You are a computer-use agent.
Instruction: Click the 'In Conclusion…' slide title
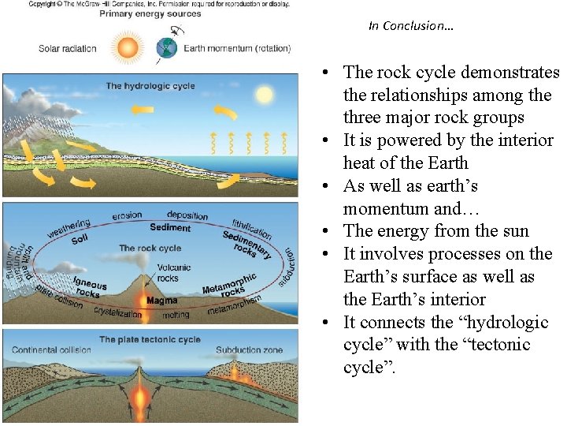(x=410, y=26)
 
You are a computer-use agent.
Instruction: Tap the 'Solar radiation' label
(x=68, y=48)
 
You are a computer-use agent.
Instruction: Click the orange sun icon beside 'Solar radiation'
(x=127, y=47)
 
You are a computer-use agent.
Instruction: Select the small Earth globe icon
(x=168, y=49)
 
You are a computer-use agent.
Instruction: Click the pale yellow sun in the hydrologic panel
(x=263, y=95)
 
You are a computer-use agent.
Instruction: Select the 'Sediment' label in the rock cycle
(x=170, y=228)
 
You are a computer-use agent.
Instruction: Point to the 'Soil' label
(x=80, y=239)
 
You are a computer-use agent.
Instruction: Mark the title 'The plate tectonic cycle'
(x=150, y=340)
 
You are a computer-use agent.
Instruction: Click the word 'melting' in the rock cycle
(x=176, y=315)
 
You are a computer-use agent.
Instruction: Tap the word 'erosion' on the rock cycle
(x=127, y=215)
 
